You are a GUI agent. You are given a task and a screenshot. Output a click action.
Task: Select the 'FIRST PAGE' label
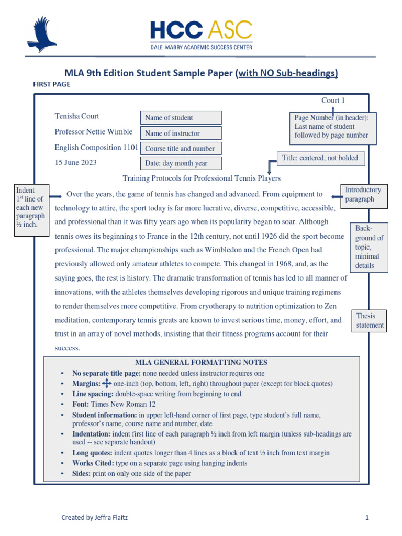[x=51, y=84]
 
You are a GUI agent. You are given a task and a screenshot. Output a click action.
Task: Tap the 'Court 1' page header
[x=333, y=100]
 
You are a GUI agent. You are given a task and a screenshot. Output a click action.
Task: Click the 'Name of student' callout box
[x=181, y=118]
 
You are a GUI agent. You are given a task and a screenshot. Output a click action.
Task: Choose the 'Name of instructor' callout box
[x=181, y=133]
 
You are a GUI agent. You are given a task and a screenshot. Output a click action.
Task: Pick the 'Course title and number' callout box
[x=181, y=149]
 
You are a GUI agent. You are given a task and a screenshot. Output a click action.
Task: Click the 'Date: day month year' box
[x=181, y=163]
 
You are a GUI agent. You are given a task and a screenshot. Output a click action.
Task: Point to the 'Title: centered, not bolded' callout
[x=320, y=158]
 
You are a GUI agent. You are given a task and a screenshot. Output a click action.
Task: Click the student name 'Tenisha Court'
[x=76, y=116]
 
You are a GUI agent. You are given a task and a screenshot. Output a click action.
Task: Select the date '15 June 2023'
[x=75, y=162]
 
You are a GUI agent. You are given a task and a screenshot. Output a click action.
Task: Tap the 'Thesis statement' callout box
[x=370, y=320]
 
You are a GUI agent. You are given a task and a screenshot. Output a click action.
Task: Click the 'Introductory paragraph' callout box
[x=363, y=194]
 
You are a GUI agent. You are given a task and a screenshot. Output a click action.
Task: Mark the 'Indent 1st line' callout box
[x=31, y=210]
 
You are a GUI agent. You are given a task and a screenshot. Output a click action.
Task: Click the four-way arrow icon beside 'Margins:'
[x=106, y=384]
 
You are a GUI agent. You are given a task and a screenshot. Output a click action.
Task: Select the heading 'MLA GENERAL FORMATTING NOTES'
[x=201, y=362]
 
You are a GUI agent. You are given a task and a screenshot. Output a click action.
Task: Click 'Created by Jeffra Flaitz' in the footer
[x=94, y=518]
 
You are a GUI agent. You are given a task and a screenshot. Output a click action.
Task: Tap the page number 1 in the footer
[x=367, y=518]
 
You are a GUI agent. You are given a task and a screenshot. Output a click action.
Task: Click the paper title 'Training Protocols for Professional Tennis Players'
[x=201, y=178]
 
